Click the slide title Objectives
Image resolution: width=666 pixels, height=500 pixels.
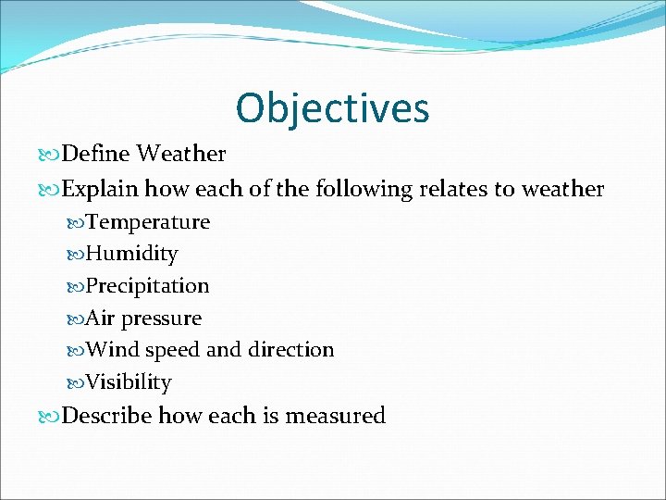tap(332, 108)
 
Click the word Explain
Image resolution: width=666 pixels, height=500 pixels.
tap(100, 190)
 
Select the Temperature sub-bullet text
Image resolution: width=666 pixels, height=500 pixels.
tap(148, 222)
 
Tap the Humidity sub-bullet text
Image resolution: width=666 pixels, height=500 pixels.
tap(131, 254)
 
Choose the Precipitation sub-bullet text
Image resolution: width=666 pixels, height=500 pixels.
tap(147, 286)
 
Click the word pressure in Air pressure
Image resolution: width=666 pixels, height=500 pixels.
tap(162, 319)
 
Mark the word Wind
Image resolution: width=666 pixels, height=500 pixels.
tap(112, 350)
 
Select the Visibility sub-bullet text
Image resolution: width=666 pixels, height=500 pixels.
tap(129, 382)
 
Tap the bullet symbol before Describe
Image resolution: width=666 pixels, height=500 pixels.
tap(50, 417)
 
